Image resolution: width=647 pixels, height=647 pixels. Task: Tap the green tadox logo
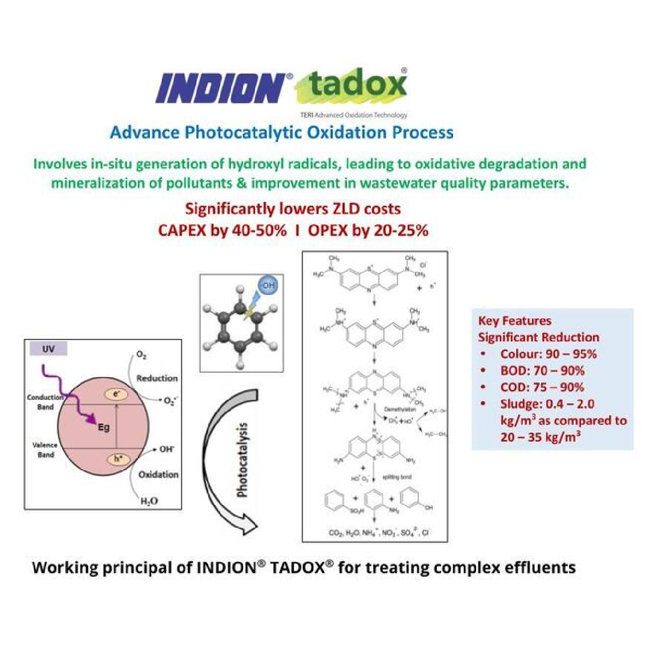click(x=357, y=85)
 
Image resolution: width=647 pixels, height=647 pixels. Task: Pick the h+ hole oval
click(x=117, y=459)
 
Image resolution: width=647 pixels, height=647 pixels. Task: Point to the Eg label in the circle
click(x=104, y=427)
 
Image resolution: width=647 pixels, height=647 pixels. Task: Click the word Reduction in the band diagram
click(x=157, y=378)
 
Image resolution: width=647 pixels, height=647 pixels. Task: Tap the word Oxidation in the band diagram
click(x=158, y=474)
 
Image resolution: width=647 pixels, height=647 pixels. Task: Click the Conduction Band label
click(x=45, y=402)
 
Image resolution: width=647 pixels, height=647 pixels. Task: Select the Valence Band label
click(x=45, y=450)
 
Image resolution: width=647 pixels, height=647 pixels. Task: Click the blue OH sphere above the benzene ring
click(x=268, y=285)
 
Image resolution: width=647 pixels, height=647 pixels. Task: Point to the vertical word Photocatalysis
click(x=242, y=460)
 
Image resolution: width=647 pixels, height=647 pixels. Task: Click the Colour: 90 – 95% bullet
click(x=548, y=354)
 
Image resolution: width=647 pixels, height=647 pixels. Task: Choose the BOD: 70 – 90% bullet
click(x=542, y=371)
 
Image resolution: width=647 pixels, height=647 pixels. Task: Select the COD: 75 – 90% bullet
click(x=541, y=387)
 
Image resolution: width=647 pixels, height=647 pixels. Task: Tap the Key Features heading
click(x=514, y=321)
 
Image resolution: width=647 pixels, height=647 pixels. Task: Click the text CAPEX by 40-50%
click(x=222, y=230)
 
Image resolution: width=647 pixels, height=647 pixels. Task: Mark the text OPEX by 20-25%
click(x=368, y=230)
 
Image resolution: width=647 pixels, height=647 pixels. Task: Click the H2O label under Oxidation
click(x=149, y=501)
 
